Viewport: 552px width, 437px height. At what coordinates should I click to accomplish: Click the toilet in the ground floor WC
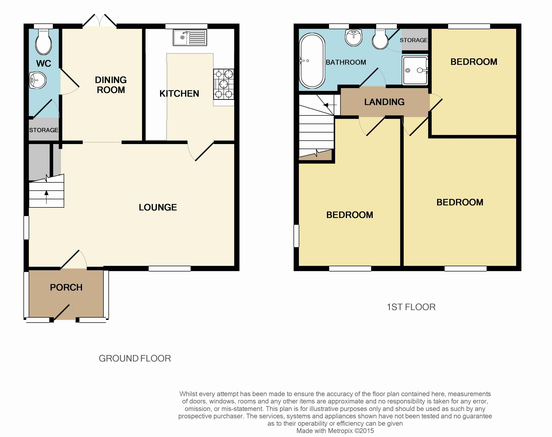pyautogui.click(x=44, y=42)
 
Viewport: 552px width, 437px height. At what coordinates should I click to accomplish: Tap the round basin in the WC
pyautogui.click(x=38, y=80)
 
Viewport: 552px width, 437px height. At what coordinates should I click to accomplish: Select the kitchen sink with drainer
pyautogui.click(x=190, y=38)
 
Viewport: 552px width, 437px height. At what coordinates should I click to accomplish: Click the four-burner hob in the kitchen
pyautogui.click(x=224, y=84)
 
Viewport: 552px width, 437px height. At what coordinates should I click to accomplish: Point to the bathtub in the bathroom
pyautogui.click(x=312, y=61)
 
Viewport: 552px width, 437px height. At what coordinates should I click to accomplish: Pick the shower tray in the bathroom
pyautogui.click(x=415, y=70)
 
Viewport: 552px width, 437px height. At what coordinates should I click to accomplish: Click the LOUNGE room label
pyautogui.click(x=158, y=207)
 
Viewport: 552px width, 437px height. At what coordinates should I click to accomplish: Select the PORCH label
pyautogui.click(x=66, y=287)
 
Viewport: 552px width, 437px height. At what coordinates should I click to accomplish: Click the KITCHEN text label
pyautogui.click(x=179, y=94)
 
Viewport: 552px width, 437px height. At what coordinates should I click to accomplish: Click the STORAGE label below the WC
pyautogui.click(x=44, y=130)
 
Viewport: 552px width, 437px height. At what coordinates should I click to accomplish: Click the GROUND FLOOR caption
pyautogui.click(x=135, y=359)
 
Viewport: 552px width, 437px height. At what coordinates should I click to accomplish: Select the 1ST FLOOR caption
pyautogui.click(x=411, y=307)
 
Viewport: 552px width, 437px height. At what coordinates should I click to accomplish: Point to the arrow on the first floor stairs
pyautogui.click(x=330, y=105)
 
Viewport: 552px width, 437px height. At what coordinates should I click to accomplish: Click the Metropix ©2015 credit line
pyautogui.click(x=335, y=431)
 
